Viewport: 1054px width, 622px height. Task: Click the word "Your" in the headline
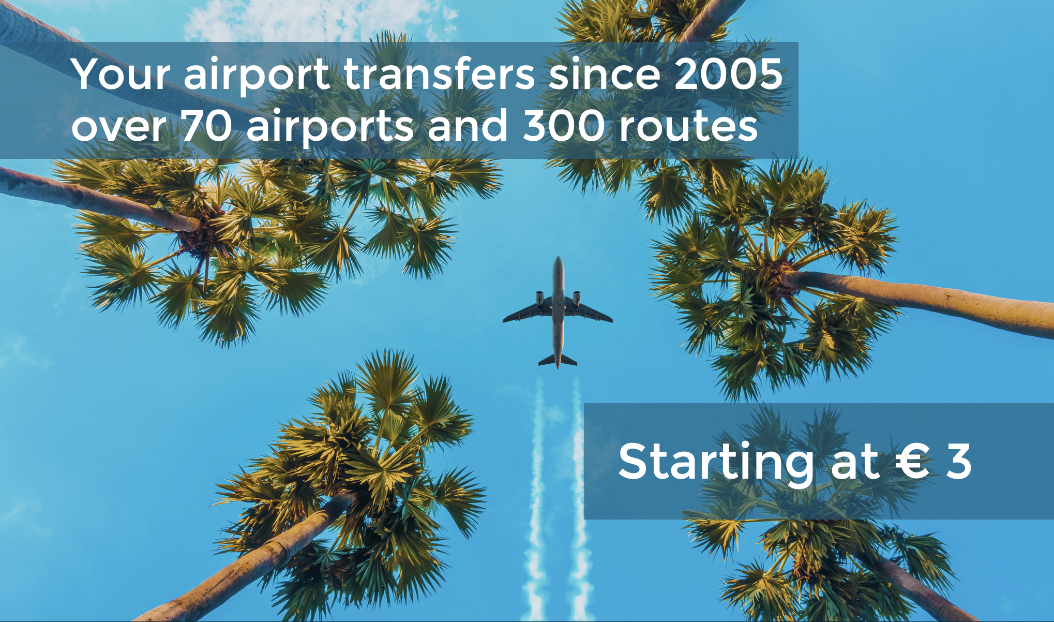tap(121, 74)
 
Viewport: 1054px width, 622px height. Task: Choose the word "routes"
tap(688, 127)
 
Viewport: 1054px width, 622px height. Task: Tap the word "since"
tap(604, 74)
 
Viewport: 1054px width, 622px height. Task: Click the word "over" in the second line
tap(119, 128)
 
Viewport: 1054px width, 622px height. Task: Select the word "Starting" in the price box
tap(716, 463)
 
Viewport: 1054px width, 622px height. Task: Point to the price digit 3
tap(958, 461)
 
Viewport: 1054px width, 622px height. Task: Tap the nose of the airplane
tap(558, 259)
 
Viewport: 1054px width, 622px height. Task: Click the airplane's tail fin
tap(558, 360)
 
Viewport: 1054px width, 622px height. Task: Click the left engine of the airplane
tap(539, 298)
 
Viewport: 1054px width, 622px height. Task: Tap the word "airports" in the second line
tap(330, 129)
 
